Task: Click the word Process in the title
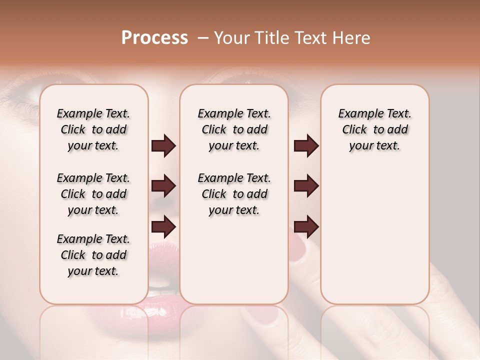[154, 37]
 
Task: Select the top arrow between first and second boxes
[163, 146]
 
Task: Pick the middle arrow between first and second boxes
[163, 186]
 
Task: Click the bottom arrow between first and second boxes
[163, 226]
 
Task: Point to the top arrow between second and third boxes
[306, 146]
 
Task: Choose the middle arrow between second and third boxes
[306, 186]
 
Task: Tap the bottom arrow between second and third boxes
[306, 226]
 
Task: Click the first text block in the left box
[93, 129]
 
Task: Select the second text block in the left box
[93, 194]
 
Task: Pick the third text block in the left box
[93, 255]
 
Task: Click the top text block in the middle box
[234, 129]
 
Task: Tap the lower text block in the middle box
[234, 194]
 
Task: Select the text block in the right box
[374, 129]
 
